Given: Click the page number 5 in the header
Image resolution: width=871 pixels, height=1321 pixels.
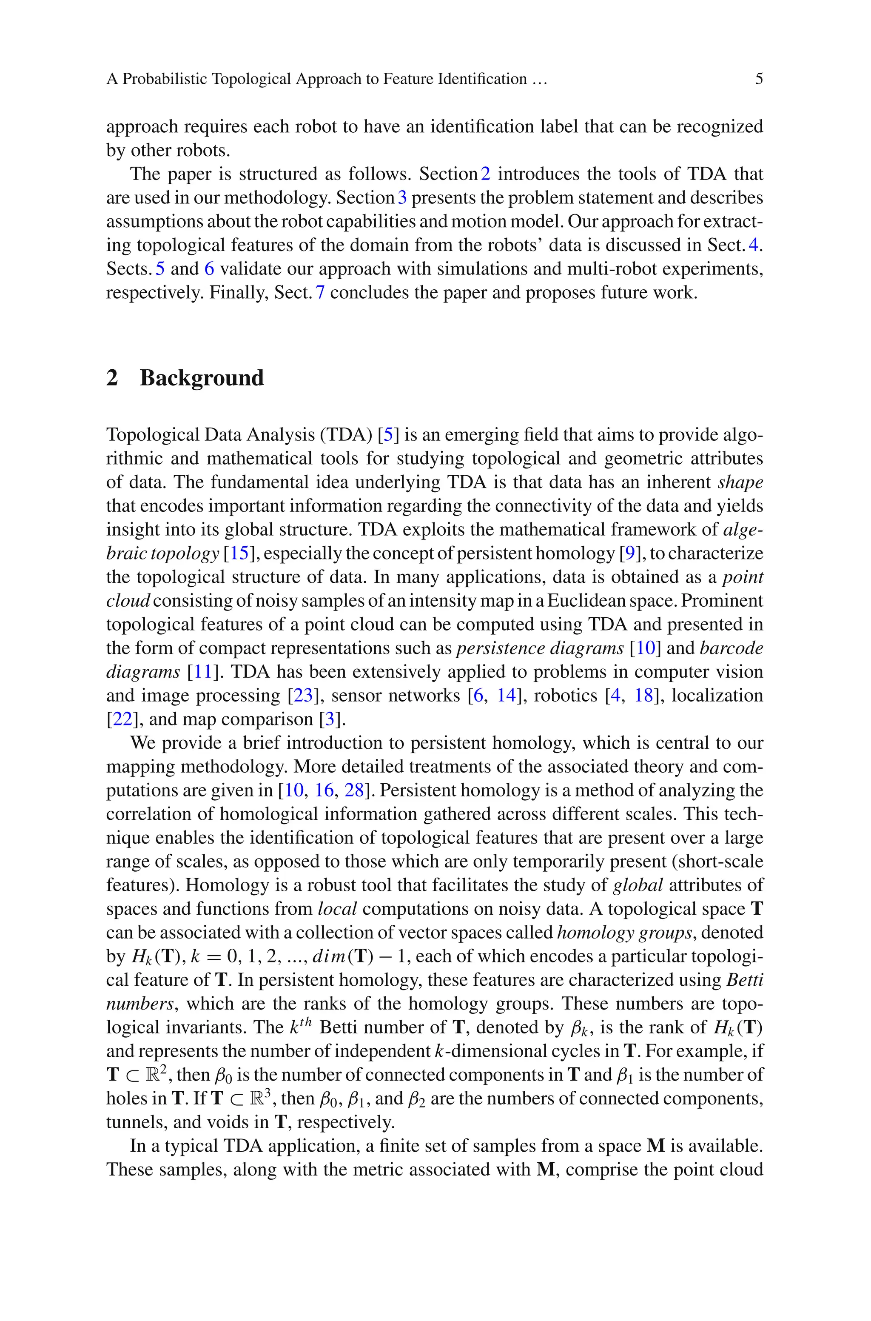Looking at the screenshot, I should coord(759,79).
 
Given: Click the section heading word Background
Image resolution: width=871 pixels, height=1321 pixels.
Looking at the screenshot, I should coord(202,378).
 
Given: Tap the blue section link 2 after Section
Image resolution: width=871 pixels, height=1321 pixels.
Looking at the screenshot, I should coord(486,174).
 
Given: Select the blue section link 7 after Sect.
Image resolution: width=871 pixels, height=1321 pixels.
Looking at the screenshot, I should coord(320,293).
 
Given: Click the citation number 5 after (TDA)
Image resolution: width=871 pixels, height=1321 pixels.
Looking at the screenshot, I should coord(388,434).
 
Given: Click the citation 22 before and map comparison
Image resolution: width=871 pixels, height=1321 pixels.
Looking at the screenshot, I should coord(122,719).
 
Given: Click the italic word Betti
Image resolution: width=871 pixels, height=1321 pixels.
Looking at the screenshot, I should coord(744,980).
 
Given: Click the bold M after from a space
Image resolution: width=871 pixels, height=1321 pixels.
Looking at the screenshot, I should coord(656,1146).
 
